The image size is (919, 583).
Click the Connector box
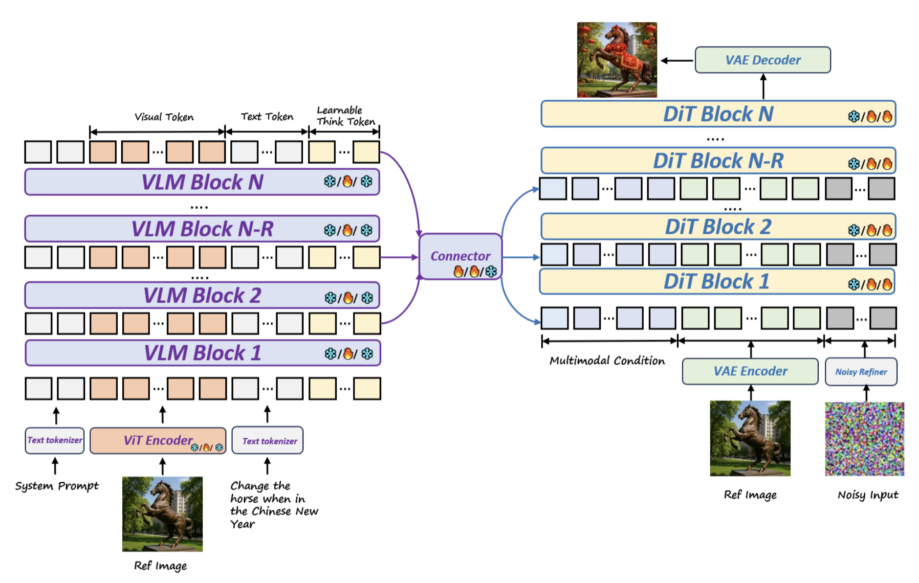tap(460, 256)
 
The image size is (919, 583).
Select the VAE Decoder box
tap(762, 60)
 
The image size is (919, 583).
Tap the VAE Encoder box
tap(750, 371)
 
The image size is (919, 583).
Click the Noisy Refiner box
tap(860, 372)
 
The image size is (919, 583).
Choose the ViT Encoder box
tap(158, 440)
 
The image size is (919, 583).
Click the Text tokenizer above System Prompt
tap(55, 440)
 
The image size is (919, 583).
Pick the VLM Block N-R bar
tap(202, 229)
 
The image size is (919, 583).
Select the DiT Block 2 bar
tap(718, 227)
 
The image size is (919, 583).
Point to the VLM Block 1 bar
tap(202, 353)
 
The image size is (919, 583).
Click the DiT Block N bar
tap(718, 114)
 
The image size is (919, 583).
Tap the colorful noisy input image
tap(864, 439)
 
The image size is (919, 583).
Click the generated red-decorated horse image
tap(617, 60)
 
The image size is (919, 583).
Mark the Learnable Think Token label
tap(345, 116)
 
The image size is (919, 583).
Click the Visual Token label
tap(164, 117)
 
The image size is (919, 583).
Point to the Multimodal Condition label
tap(607, 361)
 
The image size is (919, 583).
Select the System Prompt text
tap(57, 486)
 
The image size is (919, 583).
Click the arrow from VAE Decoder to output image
tap(677, 61)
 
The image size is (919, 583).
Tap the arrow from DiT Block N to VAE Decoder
tap(763, 87)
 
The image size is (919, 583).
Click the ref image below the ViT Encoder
tap(162, 514)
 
